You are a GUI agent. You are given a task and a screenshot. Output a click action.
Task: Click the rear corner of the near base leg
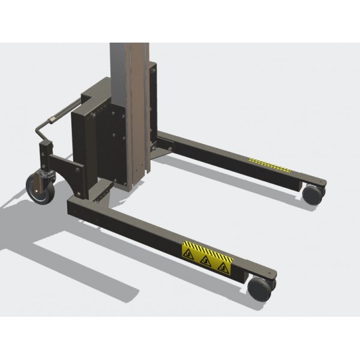[74, 207]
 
